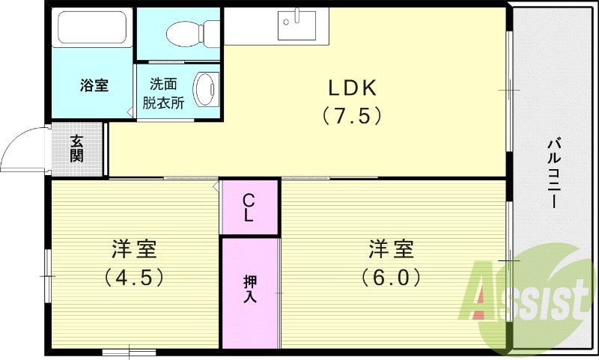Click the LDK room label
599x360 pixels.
pyautogui.click(x=352, y=88)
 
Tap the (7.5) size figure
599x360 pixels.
pyautogui.click(x=352, y=116)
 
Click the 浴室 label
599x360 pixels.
pyautogui.click(x=94, y=85)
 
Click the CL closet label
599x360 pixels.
pyautogui.click(x=249, y=207)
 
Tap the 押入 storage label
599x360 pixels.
pyautogui.click(x=249, y=288)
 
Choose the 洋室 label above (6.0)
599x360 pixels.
pyautogui.click(x=390, y=247)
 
